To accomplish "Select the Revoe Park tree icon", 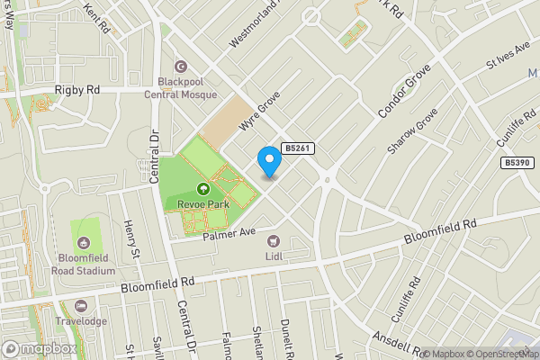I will (202, 188).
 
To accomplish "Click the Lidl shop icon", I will (273, 240).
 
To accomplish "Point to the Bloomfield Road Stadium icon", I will (84, 242).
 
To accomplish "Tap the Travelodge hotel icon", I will (80, 305).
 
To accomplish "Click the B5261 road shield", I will (298, 148).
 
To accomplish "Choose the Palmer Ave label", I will (230, 233).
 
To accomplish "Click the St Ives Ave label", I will (505, 59).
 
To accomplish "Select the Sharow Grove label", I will (411, 130).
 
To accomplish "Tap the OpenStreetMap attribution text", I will (497, 353).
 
